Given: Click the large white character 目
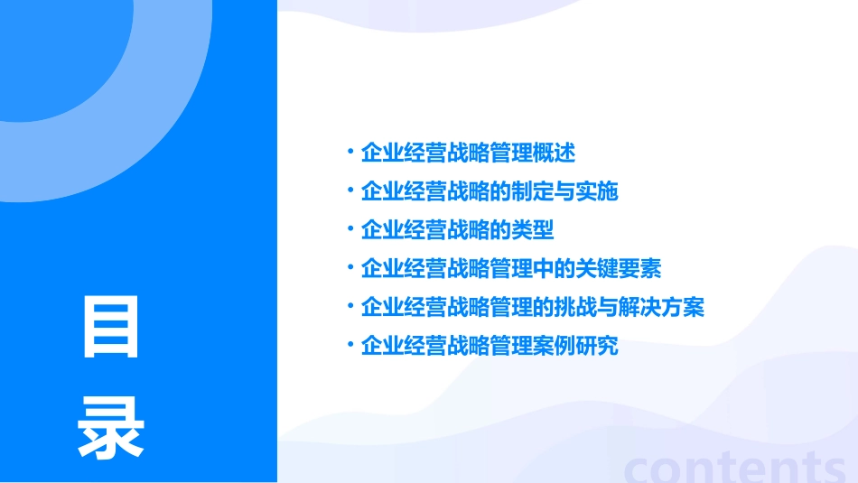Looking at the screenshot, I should (x=111, y=326).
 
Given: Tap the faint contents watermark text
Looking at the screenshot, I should (x=733, y=465).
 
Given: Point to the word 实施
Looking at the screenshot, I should (x=597, y=191).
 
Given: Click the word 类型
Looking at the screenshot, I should (x=533, y=230).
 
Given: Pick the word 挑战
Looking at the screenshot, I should (x=575, y=308).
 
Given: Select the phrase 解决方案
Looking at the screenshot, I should (x=661, y=308).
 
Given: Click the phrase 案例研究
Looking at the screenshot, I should (x=575, y=347).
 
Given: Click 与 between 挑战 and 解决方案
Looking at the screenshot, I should (x=608, y=308).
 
